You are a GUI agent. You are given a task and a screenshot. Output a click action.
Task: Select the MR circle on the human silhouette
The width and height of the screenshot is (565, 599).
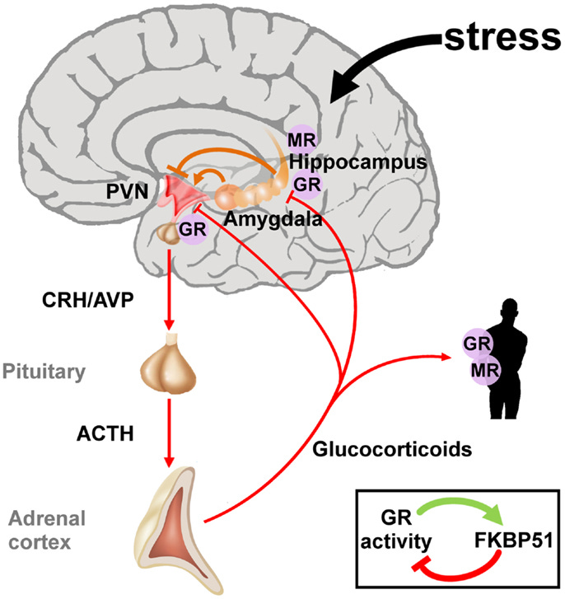(x=481, y=369)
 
